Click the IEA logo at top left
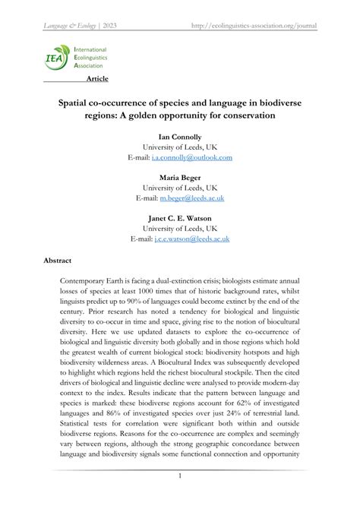coord(55,56)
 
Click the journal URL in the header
coord(254,25)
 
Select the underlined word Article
coord(97,78)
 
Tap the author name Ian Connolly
coord(180,136)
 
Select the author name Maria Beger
coord(180,177)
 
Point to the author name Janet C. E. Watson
coord(180,218)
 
